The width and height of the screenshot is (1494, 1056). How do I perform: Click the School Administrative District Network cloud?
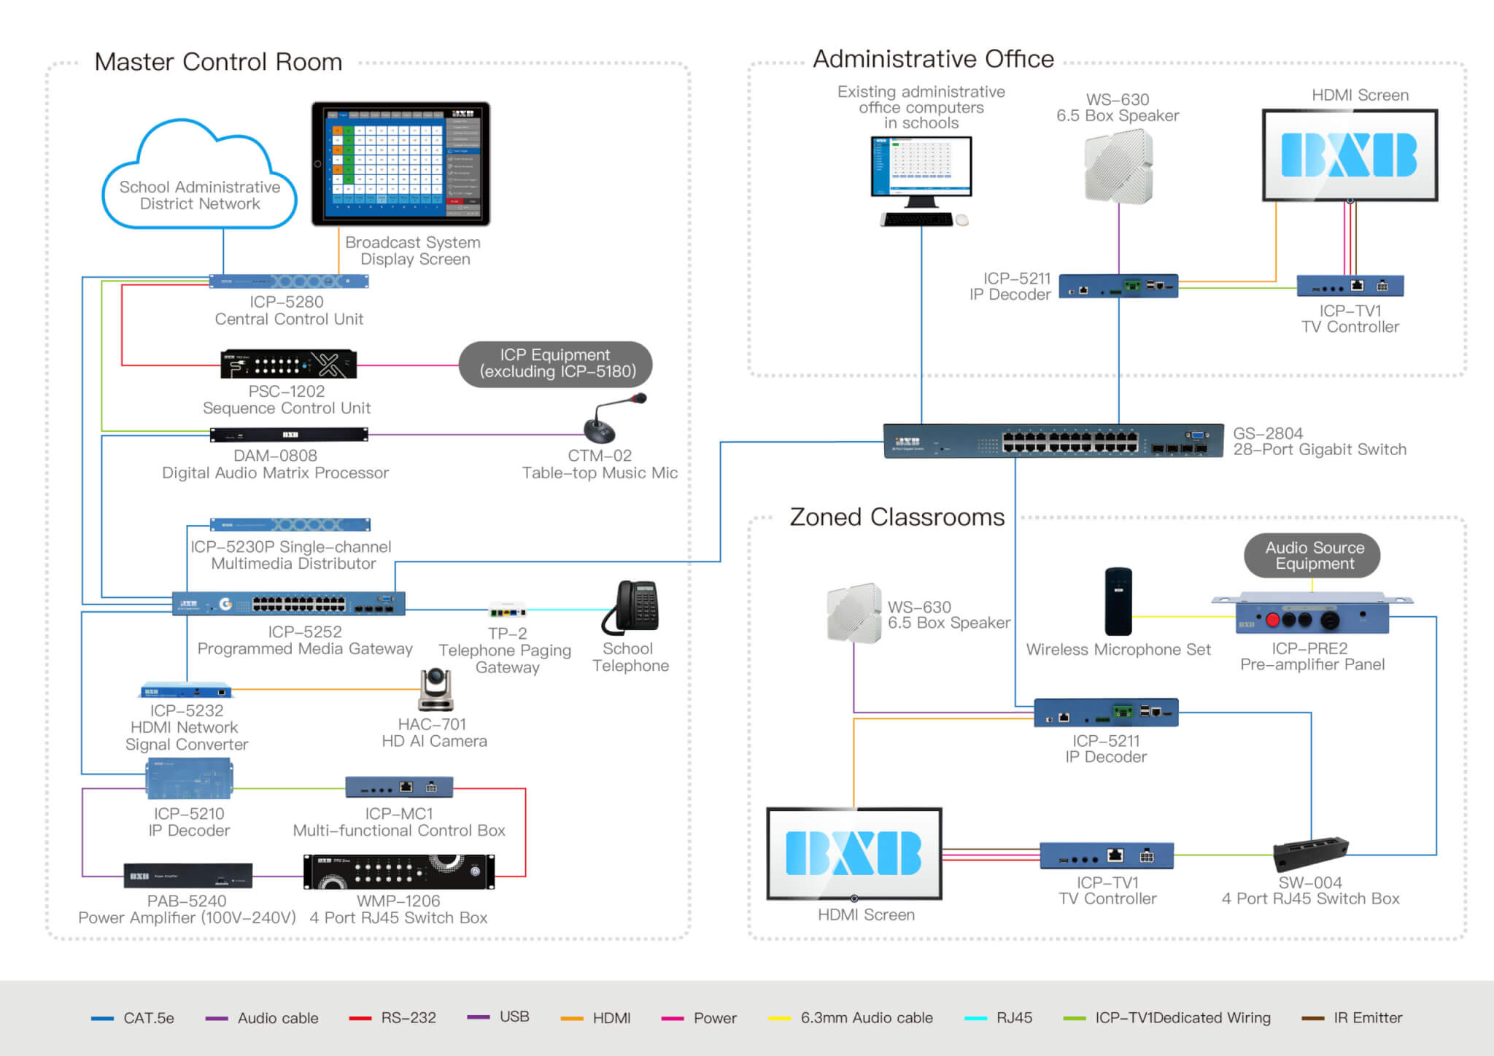click(199, 179)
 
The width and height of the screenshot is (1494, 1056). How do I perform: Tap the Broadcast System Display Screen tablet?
click(400, 163)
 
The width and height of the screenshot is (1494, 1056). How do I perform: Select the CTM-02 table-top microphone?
click(610, 420)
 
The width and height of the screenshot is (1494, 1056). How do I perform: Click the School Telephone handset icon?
click(632, 607)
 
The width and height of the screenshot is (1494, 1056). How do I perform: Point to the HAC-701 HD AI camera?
click(436, 689)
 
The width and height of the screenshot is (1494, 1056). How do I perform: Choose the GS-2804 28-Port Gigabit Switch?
click(1053, 440)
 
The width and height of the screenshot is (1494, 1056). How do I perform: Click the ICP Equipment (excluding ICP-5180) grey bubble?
click(556, 363)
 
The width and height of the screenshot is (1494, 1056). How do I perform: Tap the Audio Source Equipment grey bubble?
click(1314, 555)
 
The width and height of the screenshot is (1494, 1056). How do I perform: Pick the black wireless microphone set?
click(1118, 601)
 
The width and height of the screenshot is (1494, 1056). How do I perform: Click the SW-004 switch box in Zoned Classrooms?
click(1310, 853)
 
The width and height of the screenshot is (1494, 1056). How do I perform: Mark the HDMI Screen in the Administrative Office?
click(1350, 155)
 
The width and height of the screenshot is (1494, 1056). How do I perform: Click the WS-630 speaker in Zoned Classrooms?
click(854, 613)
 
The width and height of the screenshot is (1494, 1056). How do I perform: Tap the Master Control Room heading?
click(218, 62)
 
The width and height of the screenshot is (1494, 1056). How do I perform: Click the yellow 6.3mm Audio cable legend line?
click(779, 1018)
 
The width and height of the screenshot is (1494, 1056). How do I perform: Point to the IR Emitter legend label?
click(1367, 1018)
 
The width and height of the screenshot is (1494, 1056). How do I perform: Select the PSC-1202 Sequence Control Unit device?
click(289, 364)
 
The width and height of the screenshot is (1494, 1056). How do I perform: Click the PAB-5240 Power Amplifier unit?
click(188, 876)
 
